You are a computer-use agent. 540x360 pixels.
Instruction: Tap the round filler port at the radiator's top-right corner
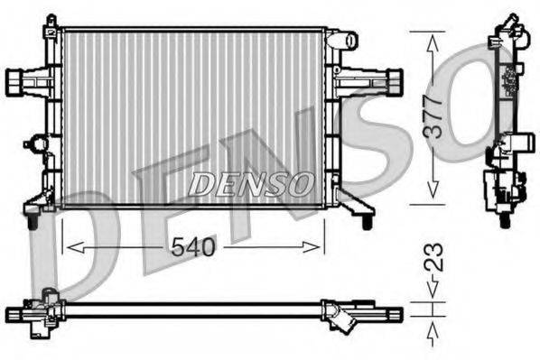coord(343,41)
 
